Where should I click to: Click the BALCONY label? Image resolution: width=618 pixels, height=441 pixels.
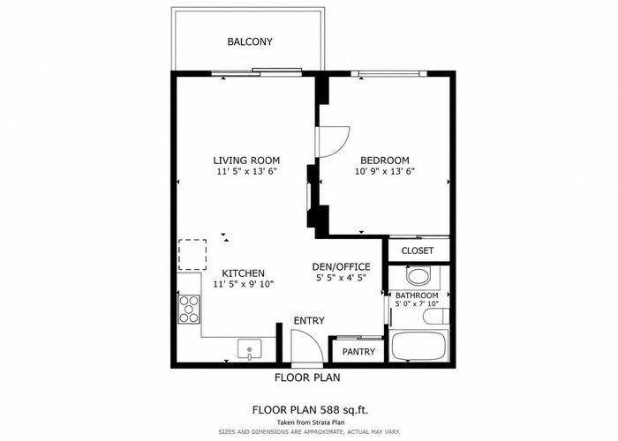point(250,41)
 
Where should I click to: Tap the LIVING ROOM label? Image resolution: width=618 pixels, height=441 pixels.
point(246,161)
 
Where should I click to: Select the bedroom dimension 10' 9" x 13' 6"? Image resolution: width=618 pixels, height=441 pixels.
point(385,171)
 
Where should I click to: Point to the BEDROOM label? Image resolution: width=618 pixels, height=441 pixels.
point(385,161)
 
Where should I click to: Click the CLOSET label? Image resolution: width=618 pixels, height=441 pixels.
point(418,250)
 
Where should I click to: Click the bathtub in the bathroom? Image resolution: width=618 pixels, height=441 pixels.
point(418,347)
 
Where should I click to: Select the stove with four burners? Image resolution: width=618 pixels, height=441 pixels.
point(189,309)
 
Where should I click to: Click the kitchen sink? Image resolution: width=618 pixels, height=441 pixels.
point(249,349)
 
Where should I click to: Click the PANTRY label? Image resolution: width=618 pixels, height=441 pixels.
point(358,352)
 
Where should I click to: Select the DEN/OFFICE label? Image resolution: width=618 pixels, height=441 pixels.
point(342,267)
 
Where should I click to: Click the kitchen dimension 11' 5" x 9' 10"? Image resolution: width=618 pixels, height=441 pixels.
point(244,284)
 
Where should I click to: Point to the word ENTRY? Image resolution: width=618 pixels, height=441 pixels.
point(309,321)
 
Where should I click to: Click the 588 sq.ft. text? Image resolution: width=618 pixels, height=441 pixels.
point(345,410)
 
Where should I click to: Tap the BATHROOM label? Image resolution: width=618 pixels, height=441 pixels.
point(417,295)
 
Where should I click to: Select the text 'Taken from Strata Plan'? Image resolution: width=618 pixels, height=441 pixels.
point(311,422)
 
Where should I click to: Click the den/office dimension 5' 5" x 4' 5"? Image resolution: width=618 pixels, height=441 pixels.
point(342,278)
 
